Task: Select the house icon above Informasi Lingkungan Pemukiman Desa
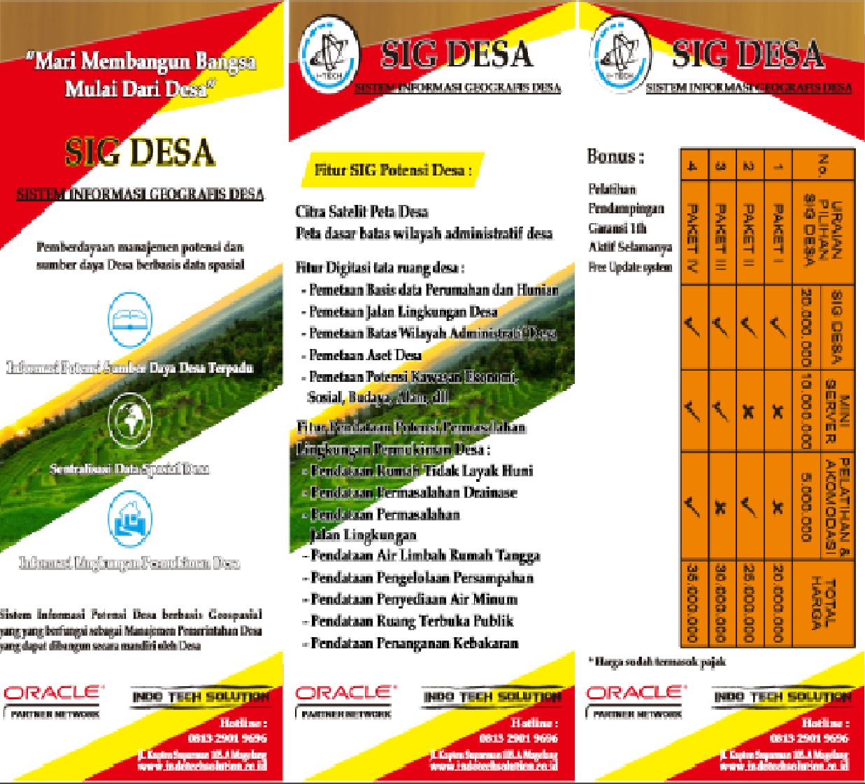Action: click(130, 519)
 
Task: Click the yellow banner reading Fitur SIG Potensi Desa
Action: click(392, 170)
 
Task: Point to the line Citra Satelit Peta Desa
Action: click(362, 211)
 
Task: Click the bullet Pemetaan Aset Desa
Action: click(365, 355)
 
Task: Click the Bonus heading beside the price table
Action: click(615, 157)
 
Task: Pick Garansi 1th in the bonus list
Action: click(617, 228)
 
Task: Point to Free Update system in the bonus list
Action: click(630, 267)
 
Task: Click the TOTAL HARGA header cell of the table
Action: click(822, 603)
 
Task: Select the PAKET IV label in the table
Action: click(692, 232)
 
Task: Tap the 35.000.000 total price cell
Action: click(692, 603)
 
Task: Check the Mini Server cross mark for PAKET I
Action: click(778, 411)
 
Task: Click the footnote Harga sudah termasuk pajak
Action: click(657, 661)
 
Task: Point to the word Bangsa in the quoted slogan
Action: click(226, 62)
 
